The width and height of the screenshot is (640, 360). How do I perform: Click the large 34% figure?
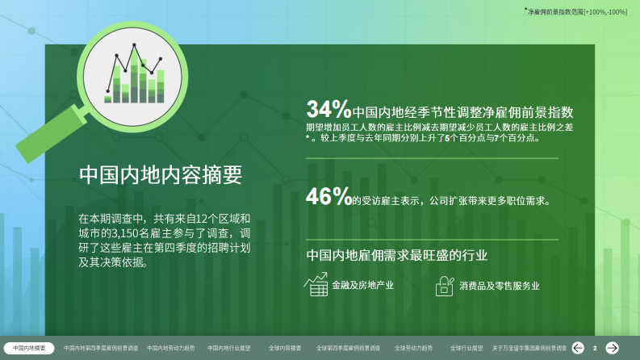[x=328, y=109]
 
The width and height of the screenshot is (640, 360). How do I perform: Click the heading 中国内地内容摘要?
[x=161, y=174]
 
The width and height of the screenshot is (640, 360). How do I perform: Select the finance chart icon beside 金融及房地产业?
[x=315, y=284]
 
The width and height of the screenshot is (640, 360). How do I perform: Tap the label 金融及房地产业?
[x=362, y=285]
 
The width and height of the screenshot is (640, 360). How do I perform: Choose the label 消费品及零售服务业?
[x=499, y=285]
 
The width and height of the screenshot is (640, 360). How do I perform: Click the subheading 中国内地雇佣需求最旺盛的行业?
[x=397, y=256]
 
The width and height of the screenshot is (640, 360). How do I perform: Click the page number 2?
[x=595, y=348]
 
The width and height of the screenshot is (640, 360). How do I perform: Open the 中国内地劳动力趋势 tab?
[x=171, y=348]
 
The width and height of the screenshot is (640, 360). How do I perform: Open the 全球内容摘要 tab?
[x=285, y=348]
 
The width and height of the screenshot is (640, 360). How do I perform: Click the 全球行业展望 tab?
[x=466, y=348]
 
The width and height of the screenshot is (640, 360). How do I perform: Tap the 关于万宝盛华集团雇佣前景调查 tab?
[x=529, y=348]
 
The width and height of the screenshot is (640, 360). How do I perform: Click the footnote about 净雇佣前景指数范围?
[x=575, y=12]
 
